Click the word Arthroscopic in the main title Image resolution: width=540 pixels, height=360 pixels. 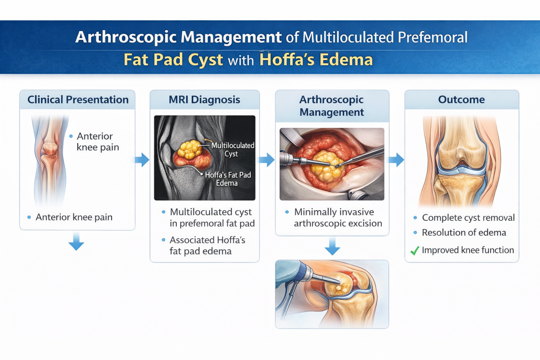coord(126,37)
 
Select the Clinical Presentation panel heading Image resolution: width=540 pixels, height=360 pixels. coord(78,99)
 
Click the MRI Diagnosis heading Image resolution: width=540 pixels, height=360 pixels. coord(204,99)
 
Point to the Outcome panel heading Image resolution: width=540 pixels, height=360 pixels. coord(461,99)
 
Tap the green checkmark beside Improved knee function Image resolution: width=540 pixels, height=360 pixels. coord(415,251)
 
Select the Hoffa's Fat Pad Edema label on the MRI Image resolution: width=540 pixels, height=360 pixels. coord(228,179)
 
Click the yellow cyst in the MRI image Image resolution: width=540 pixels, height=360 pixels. coord(189,149)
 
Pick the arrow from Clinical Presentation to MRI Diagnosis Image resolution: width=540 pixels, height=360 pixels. coord(142,160)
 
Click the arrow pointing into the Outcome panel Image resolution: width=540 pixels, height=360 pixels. coord(396,160)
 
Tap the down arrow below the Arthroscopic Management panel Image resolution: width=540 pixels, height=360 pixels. coord(332,246)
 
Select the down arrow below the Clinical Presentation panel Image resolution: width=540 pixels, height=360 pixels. coord(76,242)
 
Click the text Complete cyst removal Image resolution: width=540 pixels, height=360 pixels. coord(468,218)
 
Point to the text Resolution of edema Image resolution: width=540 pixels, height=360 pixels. coord(464,233)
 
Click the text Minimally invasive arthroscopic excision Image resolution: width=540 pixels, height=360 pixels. coord(338,218)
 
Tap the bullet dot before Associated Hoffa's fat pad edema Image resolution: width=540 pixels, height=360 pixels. coord(164,240)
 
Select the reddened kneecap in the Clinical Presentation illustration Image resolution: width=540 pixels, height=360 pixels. coord(50,149)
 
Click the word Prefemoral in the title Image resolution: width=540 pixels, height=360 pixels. coord(433,37)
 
